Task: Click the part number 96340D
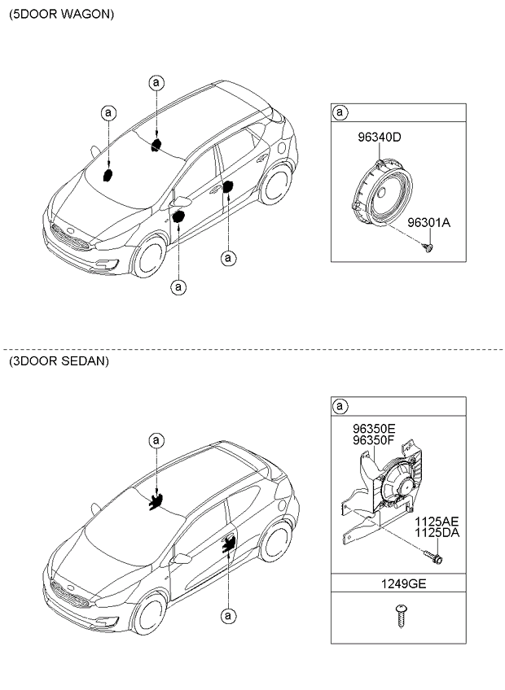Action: tap(379, 138)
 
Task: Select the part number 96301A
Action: tap(428, 221)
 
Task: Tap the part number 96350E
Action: tap(374, 428)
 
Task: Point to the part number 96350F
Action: tap(374, 440)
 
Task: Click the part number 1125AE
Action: tap(437, 521)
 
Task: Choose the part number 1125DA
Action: tap(437, 533)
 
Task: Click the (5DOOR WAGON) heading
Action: tap(62, 15)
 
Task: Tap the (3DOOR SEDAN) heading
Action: tap(59, 360)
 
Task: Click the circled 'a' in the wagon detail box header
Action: tap(341, 112)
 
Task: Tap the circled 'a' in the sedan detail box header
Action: tap(341, 406)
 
